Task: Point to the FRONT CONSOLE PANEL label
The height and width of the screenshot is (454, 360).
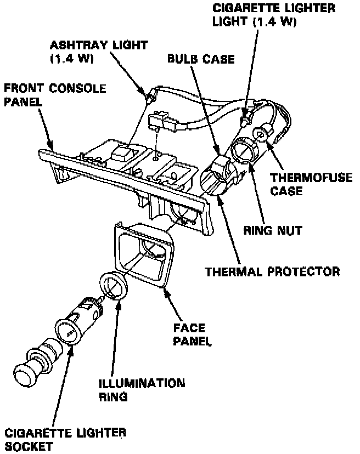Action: point(55,96)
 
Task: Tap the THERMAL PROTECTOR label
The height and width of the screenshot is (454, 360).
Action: point(272,271)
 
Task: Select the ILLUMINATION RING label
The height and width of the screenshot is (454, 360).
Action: point(142,389)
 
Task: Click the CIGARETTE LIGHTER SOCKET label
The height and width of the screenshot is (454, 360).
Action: point(65,439)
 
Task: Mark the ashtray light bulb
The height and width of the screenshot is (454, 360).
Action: point(148,98)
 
